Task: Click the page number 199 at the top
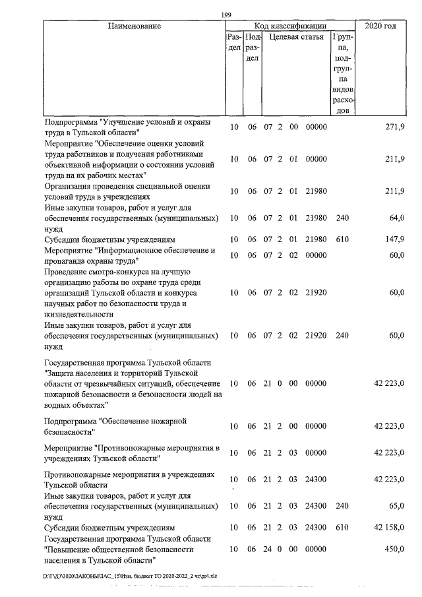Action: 227,15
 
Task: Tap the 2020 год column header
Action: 380,26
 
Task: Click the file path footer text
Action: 130,576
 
